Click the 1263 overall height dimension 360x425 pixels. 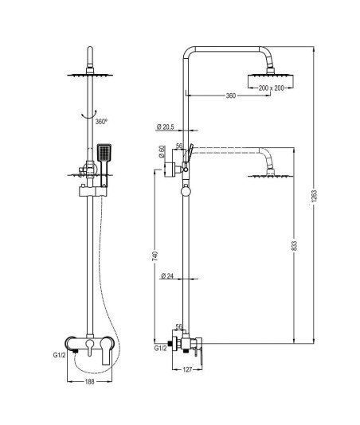[x=314, y=196]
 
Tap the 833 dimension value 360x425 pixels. [x=295, y=246]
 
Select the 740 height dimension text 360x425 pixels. [x=155, y=256]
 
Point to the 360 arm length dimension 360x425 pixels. [x=231, y=96]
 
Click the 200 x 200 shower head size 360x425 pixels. [x=271, y=88]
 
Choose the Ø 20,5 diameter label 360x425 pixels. [x=165, y=127]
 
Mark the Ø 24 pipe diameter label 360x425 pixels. [x=167, y=276]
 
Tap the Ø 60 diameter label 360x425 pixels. [x=162, y=152]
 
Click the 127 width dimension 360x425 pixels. [x=187, y=369]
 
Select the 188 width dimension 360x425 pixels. [x=89, y=382]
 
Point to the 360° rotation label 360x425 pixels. [x=101, y=122]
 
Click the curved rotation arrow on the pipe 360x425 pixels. [x=89, y=115]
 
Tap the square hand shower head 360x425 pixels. [x=104, y=152]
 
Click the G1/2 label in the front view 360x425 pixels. [x=59, y=355]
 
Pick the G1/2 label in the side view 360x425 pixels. [x=161, y=349]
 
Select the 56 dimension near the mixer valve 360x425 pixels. [x=178, y=326]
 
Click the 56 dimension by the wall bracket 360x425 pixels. [x=179, y=146]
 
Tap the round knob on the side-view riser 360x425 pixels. [x=186, y=191]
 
